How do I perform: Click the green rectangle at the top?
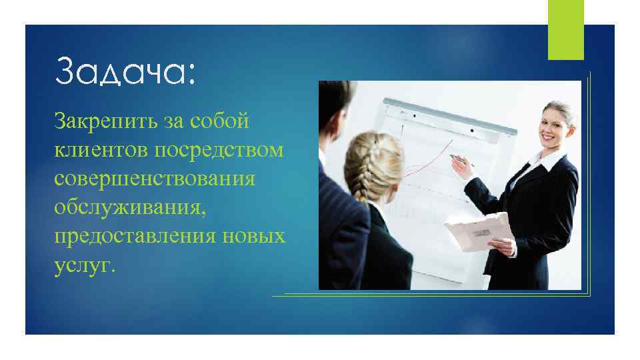point(565,29)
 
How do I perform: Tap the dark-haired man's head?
point(337,110)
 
